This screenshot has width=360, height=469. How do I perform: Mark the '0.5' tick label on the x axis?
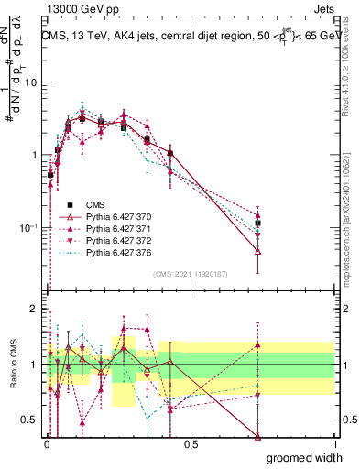coord(190,444)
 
